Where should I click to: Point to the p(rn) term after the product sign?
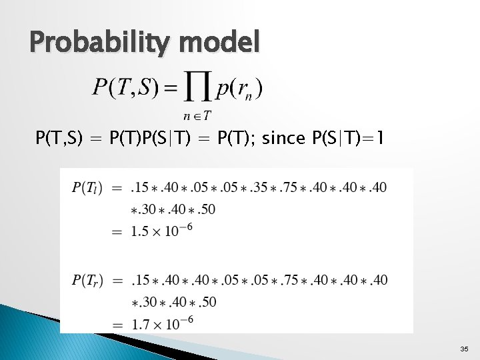(241, 87)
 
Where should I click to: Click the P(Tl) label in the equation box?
(87, 188)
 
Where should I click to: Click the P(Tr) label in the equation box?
(87, 280)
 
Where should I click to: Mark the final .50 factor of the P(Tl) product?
(206, 209)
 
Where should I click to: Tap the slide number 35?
(464, 349)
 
